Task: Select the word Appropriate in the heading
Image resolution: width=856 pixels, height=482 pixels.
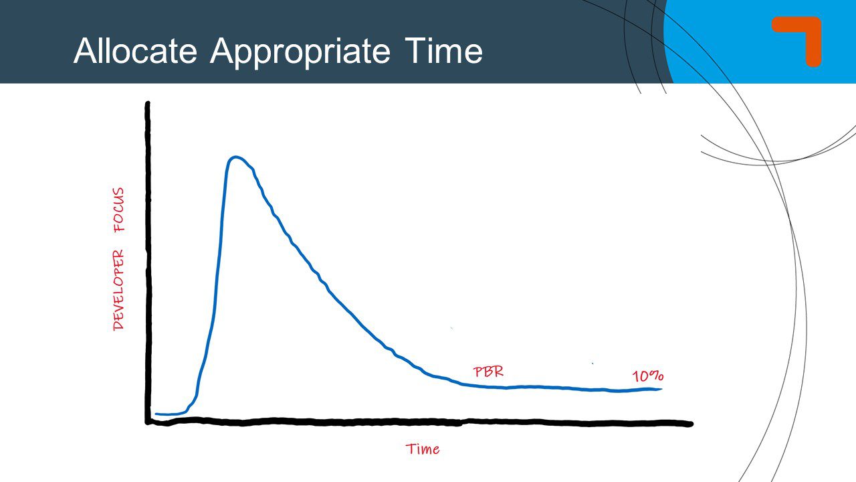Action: click(x=300, y=52)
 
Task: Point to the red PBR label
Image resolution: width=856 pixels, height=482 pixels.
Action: click(x=488, y=372)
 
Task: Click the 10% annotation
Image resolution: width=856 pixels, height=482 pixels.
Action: click(x=647, y=376)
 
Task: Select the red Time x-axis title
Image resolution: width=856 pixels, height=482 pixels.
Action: click(x=423, y=449)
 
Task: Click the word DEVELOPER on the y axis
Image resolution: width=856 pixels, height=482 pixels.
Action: click(x=118, y=289)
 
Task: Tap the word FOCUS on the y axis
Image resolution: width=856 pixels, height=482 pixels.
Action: click(x=119, y=210)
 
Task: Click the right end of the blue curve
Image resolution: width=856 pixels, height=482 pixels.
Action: click(x=661, y=389)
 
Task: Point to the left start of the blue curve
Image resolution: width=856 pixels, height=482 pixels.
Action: click(x=156, y=414)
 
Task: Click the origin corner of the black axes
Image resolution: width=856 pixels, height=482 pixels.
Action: click(x=148, y=422)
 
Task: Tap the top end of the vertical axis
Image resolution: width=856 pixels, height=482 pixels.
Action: click(x=147, y=104)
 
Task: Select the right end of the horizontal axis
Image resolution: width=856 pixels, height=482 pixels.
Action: click(x=690, y=423)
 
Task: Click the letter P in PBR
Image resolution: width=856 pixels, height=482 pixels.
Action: click(x=478, y=372)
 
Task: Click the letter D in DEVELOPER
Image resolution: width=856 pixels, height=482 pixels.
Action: click(x=118, y=324)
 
